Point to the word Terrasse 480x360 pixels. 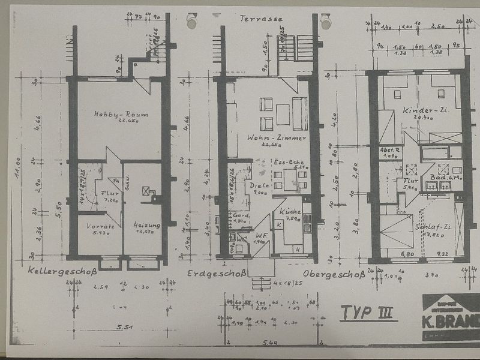pos(261,19)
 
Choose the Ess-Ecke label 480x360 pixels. pos(288,162)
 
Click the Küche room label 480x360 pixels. pos(290,212)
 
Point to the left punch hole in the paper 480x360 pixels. pos(191,23)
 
